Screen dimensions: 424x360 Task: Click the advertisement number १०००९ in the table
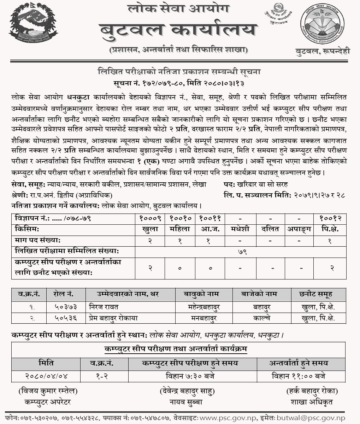click(x=150, y=218)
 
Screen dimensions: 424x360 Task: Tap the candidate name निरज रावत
click(x=104, y=307)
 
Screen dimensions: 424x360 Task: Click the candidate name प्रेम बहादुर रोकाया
click(x=113, y=318)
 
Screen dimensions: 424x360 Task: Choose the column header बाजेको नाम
click(x=261, y=294)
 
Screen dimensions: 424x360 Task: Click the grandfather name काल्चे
click(x=261, y=318)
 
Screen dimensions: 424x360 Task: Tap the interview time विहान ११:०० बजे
click(x=298, y=376)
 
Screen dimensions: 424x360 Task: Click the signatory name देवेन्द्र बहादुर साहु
click(x=187, y=391)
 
